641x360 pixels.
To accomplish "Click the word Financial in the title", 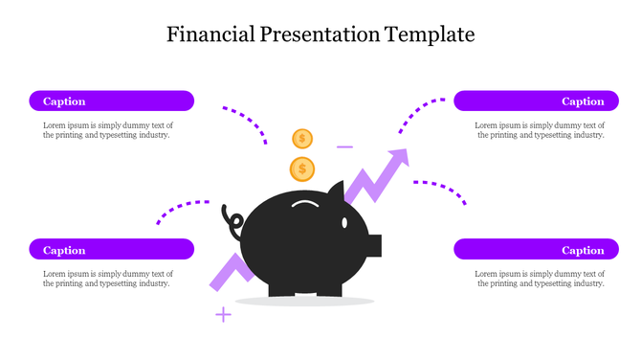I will [x=210, y=35].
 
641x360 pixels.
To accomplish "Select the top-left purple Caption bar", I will [x=111, y=101].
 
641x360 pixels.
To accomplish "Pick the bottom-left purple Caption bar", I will [x=111, y=250].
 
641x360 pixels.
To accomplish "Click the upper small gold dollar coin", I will [x=302, y=139].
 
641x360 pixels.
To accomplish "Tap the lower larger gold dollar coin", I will [x=302, y=169].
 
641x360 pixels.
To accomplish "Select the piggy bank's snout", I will [x=374, y=245].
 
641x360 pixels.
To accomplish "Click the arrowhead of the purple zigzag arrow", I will [x=398, y=158].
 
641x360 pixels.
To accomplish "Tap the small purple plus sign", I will [x=223, y=314].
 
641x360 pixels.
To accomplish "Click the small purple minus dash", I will [x=344, y=147].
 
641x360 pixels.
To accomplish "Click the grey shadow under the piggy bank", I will [x=303, y=302].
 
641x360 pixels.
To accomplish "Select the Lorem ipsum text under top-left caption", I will [x=107, y=130].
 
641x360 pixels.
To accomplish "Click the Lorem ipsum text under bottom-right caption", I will [x=540, y=279].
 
